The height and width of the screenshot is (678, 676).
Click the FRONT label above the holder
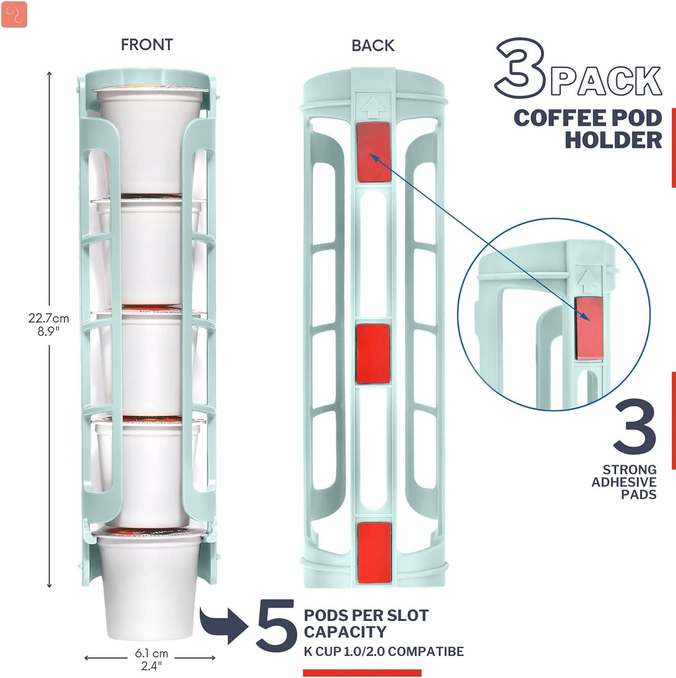tap(146, 45)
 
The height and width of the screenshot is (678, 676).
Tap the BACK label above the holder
tap(373, 45)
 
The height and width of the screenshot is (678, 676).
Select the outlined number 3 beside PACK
tap(519, 69)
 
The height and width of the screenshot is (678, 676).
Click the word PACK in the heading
tap(606, 81)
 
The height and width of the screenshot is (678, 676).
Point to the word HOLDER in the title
tap(613, 140)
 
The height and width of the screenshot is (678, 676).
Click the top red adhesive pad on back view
tap(374, 152)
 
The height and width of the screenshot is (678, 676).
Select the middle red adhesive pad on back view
tap(373, 353)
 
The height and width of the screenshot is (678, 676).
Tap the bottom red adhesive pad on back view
tap(374, 552)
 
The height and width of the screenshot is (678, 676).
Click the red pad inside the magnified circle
tap(589, 327)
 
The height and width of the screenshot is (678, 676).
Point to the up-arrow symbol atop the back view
tap(373, 108)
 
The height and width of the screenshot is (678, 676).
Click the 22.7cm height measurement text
tap(49, 318)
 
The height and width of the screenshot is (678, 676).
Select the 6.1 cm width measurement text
tap(151, 653)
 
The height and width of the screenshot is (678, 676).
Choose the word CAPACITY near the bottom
tap(345, 632)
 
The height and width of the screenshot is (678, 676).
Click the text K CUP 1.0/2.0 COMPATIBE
tap(384, 651)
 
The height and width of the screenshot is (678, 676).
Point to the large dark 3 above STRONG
tap(635, 426)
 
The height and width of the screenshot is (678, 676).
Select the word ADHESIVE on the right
tap(624, 482)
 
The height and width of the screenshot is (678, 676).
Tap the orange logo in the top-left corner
tap(15, 14)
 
